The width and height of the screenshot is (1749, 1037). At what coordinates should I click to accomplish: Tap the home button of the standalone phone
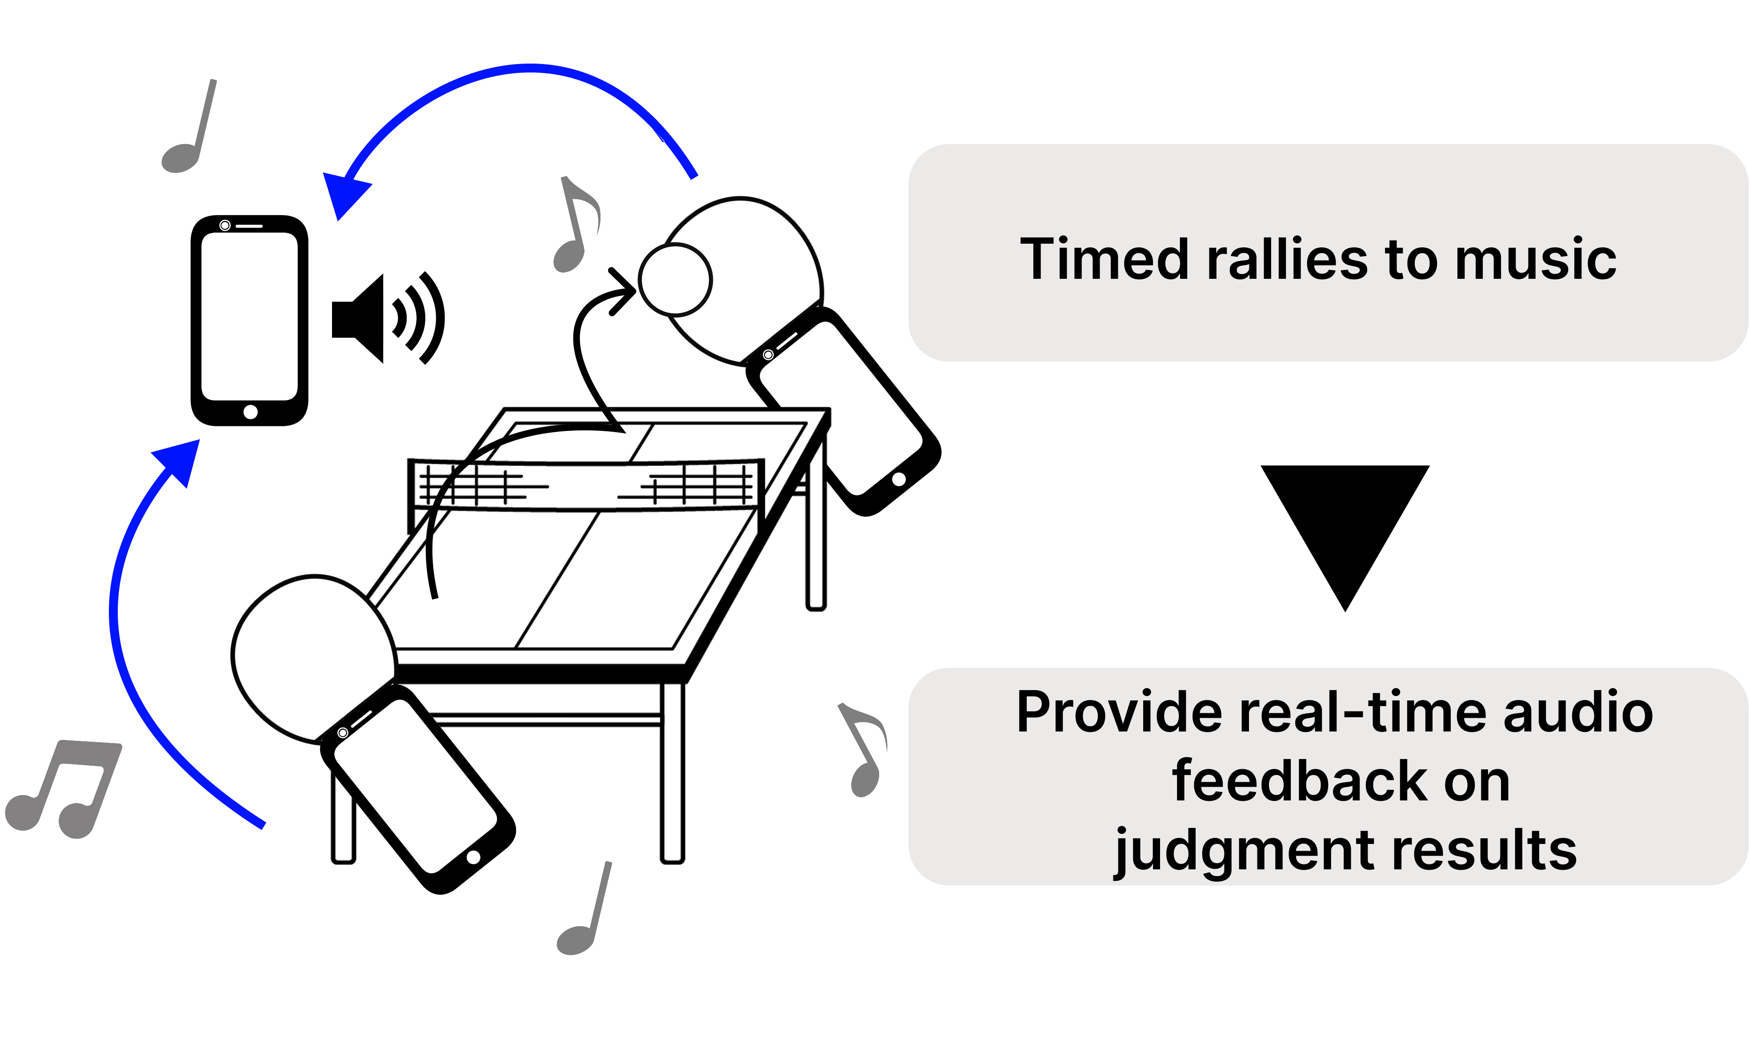click(x=250, y=412)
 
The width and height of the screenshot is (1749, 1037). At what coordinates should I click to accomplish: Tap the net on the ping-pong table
click(x=587, y=483)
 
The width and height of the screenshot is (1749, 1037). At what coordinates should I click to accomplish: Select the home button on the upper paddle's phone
click(x=899, y=479)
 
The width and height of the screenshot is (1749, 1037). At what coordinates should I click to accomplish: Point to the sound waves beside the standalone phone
click(x=419, y=318)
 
